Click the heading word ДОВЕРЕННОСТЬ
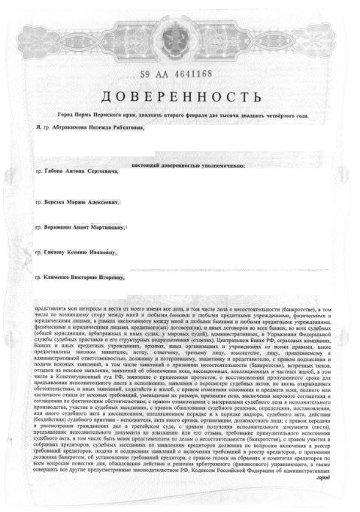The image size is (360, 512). point(180,97)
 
